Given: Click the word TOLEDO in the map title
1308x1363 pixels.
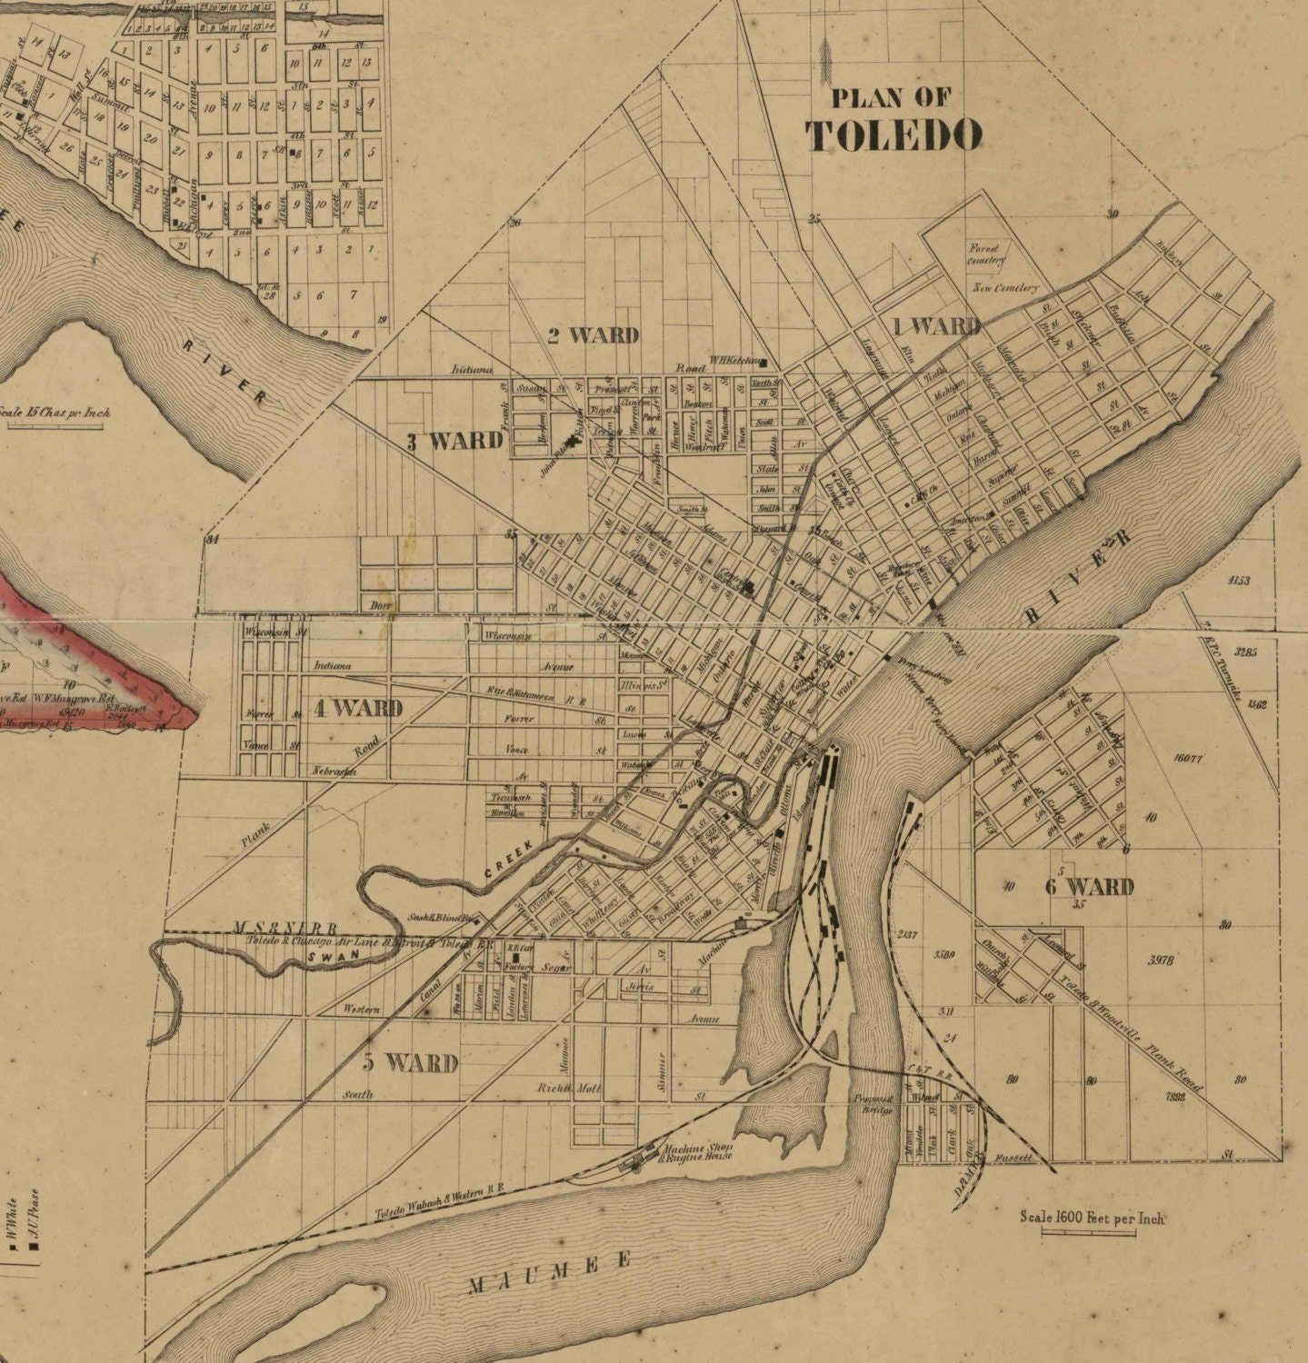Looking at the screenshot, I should (894, 135).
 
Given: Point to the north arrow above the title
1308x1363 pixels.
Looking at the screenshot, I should (825, 60).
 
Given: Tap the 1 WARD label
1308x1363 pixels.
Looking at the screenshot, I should (934, 326).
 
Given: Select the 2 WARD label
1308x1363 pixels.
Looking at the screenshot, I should (593, 335).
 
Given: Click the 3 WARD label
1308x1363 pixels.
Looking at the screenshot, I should (454, 442).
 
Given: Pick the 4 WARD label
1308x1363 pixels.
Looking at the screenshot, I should (357, 708).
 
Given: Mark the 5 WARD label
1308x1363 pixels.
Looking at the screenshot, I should (410, 1061).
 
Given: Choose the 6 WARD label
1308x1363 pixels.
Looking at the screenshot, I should (1088, 886).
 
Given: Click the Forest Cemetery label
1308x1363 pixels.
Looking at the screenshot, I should (986, 254).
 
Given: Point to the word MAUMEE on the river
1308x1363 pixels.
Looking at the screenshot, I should (550, 1273).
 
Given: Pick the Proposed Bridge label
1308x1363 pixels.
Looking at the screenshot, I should (873, 1103).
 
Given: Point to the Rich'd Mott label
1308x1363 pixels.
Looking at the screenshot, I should (569, 1088).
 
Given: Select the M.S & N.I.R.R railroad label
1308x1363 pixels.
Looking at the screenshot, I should (284, 928).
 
